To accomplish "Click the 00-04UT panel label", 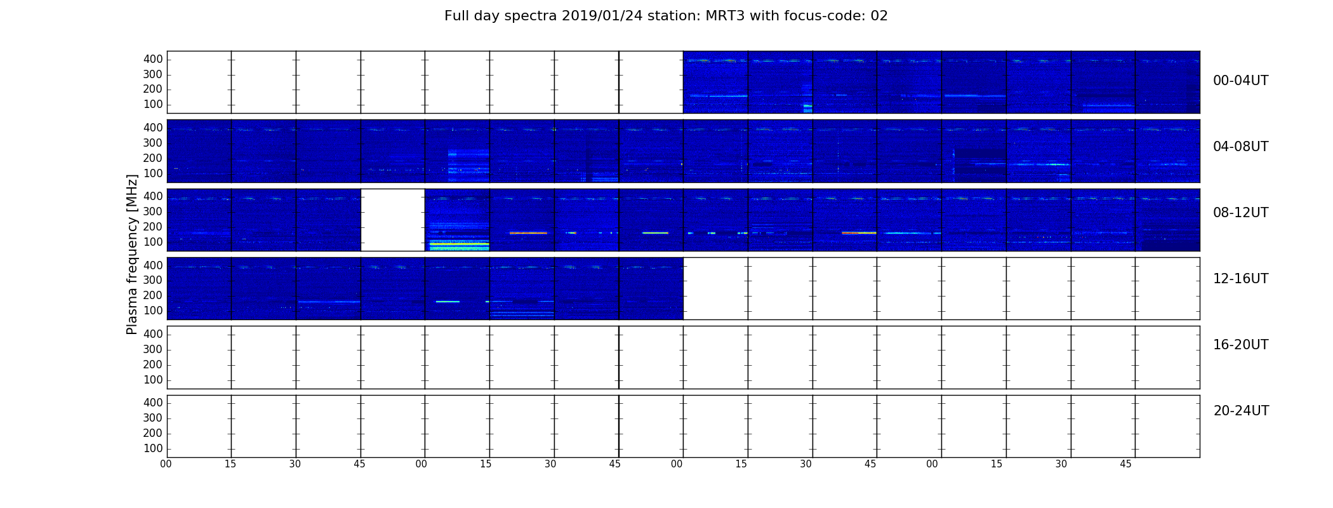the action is (x=1240, y=81).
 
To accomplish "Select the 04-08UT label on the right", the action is (x=1240, y=147).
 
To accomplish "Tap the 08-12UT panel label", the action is (x=1240, y=213).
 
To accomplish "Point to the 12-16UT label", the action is (x=1240, y=279).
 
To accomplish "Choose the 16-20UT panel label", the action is (x=1240, y=345).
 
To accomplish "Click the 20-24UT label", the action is (x=1241, y=411).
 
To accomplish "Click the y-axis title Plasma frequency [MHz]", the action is (x=132, y=254).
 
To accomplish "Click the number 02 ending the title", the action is (x=879, y=16).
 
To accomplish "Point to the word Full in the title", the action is (x=457, y=16).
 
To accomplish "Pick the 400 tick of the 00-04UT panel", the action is (x=153, y=59).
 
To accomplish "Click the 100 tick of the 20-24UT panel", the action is (x=153, y=448).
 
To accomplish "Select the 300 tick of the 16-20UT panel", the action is (x=153, y=349).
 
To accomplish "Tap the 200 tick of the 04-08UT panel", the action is (x=153, y=158).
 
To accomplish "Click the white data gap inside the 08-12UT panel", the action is (x=393, y=220).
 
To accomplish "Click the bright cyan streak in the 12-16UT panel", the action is (x=448, y=302).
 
